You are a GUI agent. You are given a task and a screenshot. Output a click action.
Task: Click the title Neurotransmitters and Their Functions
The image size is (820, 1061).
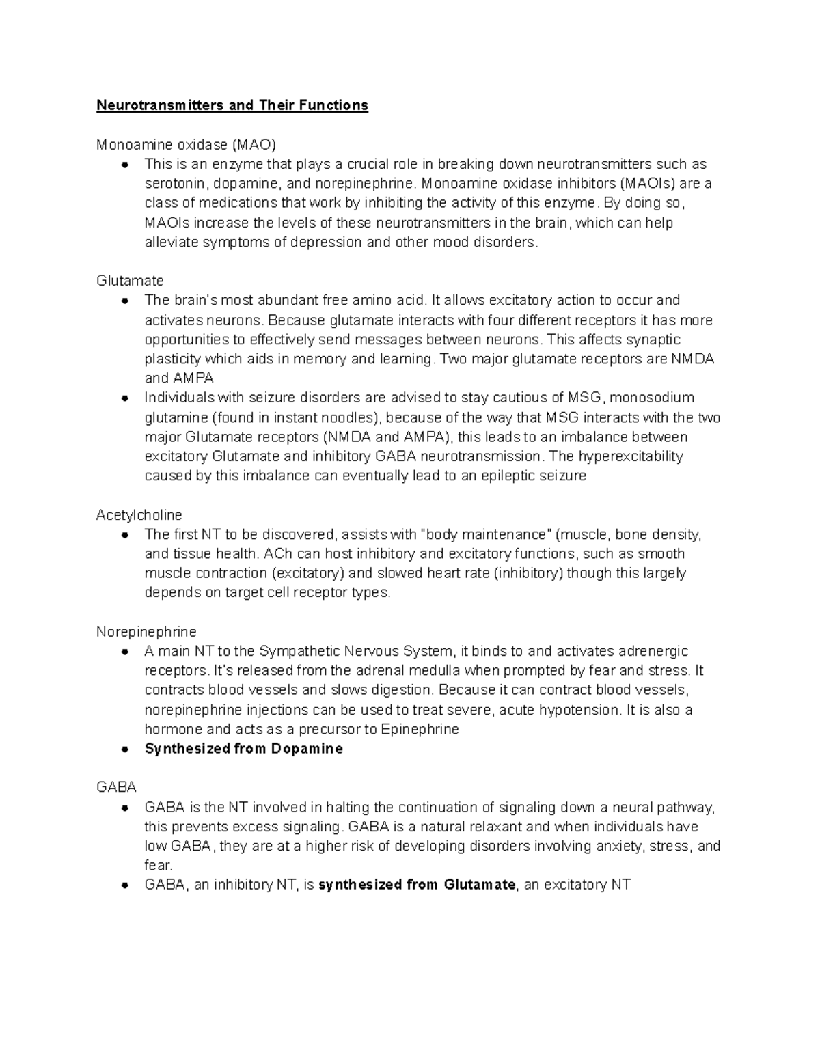click(232, 105)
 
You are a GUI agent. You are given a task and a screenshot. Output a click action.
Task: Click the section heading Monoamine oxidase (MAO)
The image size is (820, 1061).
click(186, 145)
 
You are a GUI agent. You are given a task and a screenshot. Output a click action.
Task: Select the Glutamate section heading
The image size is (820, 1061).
click(130, 281)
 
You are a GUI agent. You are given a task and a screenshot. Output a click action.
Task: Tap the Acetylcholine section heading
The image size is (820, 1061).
click(139, 514)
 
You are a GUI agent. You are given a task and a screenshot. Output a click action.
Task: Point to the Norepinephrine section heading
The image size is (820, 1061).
click(146, 631)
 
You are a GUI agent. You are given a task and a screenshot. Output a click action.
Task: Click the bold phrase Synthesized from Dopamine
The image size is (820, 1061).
click(243, 749)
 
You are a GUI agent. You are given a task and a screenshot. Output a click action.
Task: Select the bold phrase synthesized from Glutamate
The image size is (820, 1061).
click(417, 885)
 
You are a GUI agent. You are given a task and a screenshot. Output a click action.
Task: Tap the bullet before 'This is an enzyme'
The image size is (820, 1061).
click(125, 165)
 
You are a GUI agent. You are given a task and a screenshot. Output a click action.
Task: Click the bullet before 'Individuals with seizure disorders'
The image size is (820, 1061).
click(125, 398)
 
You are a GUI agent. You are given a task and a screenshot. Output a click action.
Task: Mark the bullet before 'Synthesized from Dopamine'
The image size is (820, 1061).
click(125, 749)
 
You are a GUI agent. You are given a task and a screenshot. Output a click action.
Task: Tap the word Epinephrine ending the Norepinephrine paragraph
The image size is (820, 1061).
click(420, 729)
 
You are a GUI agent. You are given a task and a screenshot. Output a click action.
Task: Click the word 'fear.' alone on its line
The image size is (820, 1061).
click(159, 865)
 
